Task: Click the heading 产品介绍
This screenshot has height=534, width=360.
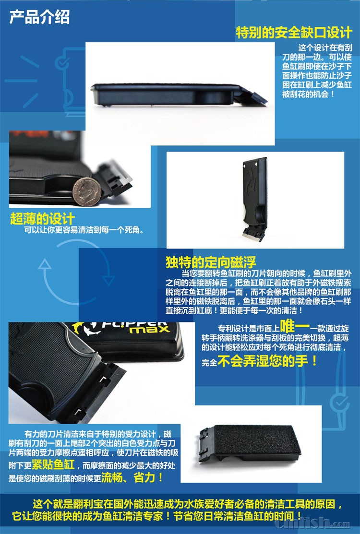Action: pos(39,17)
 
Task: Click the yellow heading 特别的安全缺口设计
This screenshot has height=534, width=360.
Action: pos(294,33)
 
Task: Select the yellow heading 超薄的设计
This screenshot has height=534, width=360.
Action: pos(42,218)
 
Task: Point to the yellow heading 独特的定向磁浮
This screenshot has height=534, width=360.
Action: pos(211,262)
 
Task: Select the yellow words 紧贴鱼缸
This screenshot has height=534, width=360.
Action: pos(53,464)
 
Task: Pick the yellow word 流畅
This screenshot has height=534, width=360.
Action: pos(112,477)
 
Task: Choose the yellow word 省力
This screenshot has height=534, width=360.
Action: pos(144,477)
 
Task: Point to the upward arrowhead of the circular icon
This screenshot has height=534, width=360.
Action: pos(44,264)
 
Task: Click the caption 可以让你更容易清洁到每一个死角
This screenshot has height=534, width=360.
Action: pos(84,230)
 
